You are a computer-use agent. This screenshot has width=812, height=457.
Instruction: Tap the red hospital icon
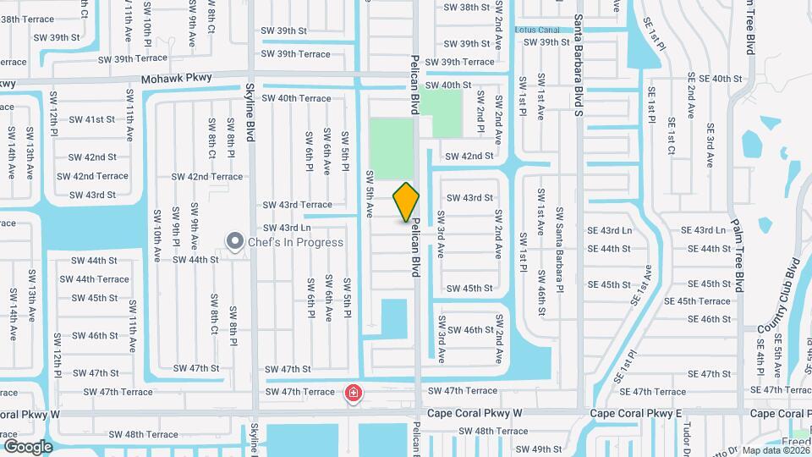click(x=353, y=394)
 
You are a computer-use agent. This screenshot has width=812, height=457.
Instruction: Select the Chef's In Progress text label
click(x=296, y=242)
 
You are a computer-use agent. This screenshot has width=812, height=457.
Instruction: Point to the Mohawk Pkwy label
click(x=176, y=78)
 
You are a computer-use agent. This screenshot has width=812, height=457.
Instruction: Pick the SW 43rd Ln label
click(x=287, y=228)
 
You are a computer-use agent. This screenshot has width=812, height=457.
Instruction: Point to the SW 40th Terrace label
click(x=296, y=98)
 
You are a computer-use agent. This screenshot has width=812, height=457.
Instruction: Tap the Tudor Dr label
click(x=688, y=436)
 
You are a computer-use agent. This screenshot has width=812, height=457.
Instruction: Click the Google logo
click(x=28, y=446)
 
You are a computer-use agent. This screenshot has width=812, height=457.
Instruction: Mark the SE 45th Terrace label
click(x=697, y=301)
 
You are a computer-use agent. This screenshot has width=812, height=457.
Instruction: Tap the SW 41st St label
click(x=93, y=119)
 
